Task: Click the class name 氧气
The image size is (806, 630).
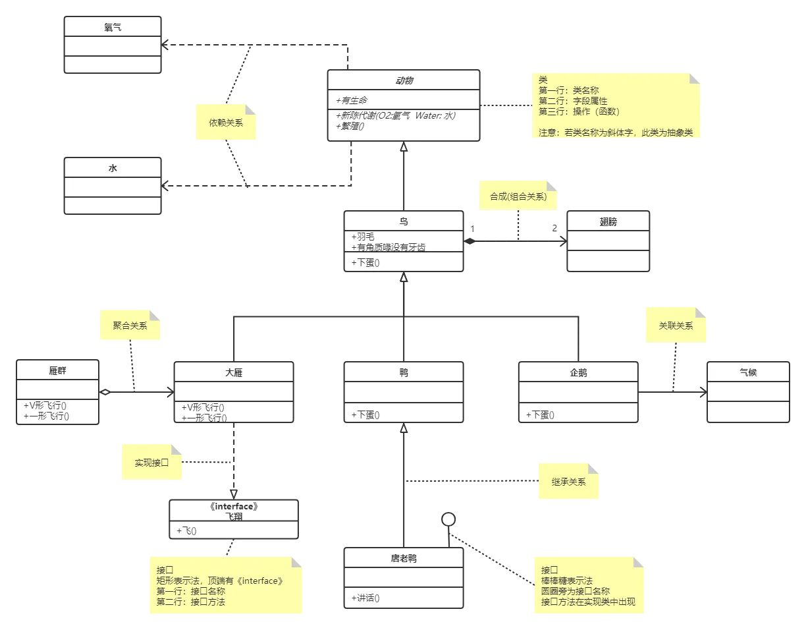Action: (113, 27)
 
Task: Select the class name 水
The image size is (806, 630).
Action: (113, 168)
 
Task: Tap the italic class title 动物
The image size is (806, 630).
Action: (404, 80)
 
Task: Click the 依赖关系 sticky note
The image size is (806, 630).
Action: (225, 122)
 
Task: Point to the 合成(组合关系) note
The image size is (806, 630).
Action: (518, 196)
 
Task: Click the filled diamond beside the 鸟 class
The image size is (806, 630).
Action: (470, 241)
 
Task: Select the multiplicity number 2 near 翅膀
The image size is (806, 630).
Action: (554, 228)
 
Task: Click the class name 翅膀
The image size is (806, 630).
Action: (608, 221)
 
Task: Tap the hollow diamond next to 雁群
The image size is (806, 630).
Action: (105, 392)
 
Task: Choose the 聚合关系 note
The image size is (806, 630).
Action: (130, 325)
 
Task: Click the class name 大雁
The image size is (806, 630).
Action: (234, 372)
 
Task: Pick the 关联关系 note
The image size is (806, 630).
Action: (676, 325)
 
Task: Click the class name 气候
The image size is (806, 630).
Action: (748, 372)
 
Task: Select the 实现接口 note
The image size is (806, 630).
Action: (151, 462)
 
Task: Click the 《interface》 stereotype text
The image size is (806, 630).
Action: (234, 506)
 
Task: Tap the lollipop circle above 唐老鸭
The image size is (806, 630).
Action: (448, 519)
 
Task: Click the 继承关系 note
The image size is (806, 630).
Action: (568, 481)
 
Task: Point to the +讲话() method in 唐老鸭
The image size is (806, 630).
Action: (365, 598)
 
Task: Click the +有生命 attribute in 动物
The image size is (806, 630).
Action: (351, 100)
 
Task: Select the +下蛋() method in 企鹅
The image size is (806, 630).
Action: (540, 415)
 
